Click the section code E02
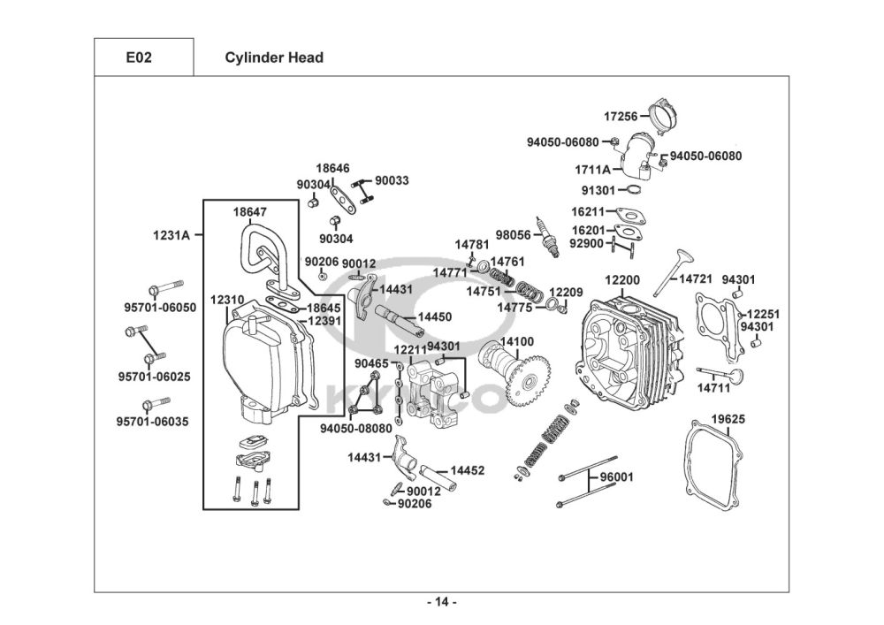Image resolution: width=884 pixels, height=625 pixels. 138,58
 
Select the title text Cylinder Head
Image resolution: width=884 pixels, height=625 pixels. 274,58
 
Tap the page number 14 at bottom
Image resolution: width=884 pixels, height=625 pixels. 442,603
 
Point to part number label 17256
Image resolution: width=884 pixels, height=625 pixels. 621,116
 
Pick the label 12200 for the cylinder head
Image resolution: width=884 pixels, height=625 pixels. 622,280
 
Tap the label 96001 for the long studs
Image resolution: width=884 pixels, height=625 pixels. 617,476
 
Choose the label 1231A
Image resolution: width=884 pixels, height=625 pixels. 171,235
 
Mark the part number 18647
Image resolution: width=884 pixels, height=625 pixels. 250,212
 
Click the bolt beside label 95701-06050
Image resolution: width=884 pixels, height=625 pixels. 165,288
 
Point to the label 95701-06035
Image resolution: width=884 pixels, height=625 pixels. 153,422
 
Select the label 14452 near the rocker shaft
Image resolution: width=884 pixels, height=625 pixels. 468,470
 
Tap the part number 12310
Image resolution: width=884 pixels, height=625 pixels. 227,300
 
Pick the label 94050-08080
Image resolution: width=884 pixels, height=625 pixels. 355,428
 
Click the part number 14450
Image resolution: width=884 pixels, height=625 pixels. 435,316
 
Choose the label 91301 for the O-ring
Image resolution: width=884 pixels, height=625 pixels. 598,190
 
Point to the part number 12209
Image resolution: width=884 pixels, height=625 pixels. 567,292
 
